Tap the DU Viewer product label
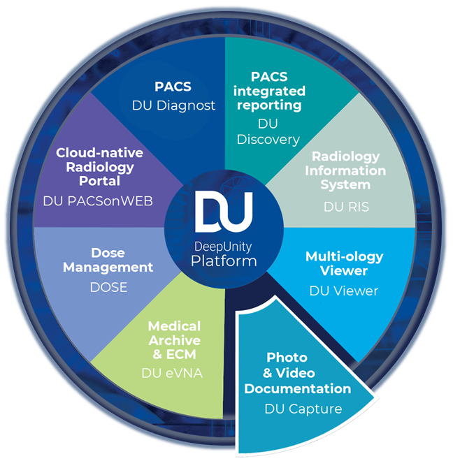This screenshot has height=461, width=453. (343, 290)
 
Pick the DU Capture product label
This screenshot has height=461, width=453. (303, 409)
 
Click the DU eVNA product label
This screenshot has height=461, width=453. (171, 373)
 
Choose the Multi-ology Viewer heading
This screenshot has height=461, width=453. (344, 263)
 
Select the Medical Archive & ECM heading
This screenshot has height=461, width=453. (174, 340)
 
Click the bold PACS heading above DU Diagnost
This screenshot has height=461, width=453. (173, 87)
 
